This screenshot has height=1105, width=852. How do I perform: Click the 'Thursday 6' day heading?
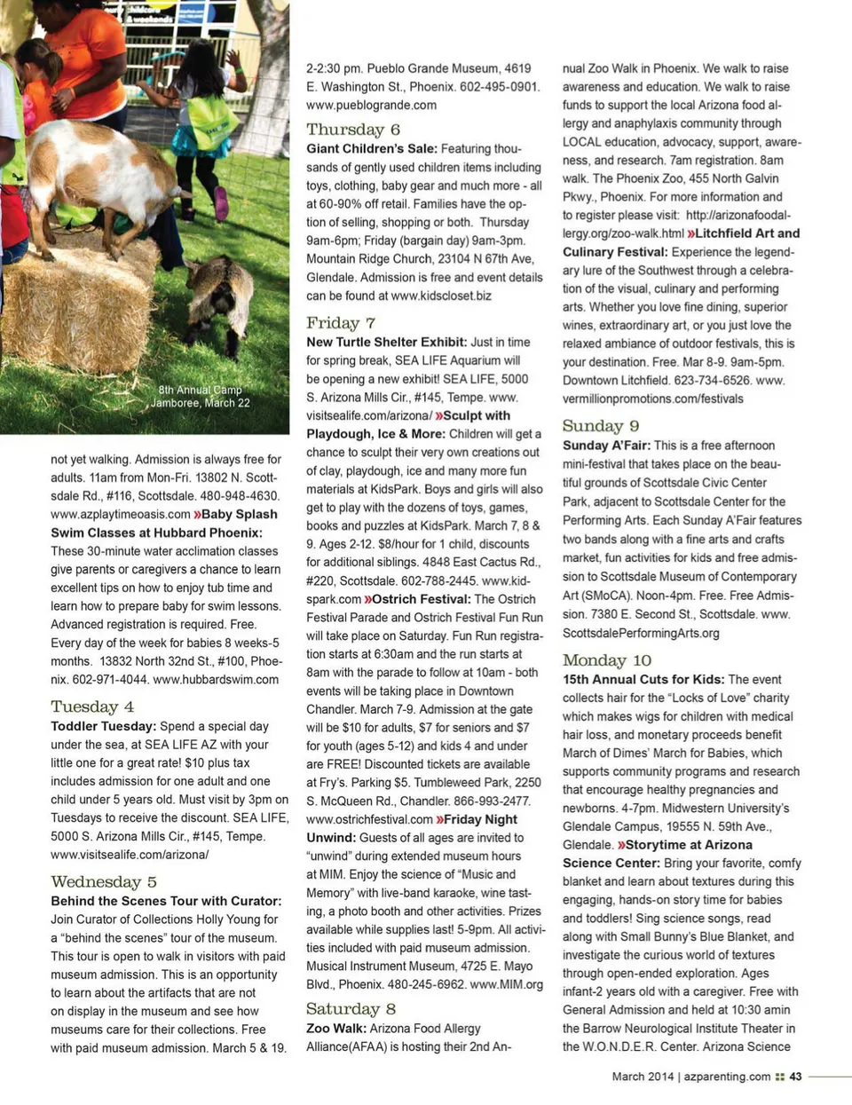(x=353, y=130)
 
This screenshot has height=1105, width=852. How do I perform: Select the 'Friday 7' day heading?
(x=341, y=323)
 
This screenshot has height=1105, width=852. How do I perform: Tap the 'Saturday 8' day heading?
(x=351, y=1009)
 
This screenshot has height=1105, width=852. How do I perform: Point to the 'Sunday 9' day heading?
(x=601, y=426)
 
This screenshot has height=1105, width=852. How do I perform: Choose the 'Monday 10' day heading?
(x=607, y=660)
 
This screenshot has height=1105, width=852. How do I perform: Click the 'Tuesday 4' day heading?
(x=92, y=706)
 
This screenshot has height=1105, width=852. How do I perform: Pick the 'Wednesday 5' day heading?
(x=104, y=881)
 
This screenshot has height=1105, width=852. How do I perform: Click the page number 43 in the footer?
(x=795, y=1077)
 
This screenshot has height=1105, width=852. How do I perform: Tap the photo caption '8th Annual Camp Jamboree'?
(x=200, y=396)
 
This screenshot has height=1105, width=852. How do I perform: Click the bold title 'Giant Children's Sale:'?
(x=372, y=149)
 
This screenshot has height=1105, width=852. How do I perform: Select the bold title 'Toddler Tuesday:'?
(x=103, y=726)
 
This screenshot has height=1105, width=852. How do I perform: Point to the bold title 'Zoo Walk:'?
(x=336, y=1028)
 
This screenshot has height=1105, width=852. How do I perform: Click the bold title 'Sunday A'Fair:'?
(x=606, y=446)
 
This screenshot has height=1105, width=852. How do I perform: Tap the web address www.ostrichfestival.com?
(x=370, y=819)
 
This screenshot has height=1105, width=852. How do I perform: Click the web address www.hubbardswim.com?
(x=216, y=679)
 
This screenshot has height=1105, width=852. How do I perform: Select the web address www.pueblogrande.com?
(x=371, y=105)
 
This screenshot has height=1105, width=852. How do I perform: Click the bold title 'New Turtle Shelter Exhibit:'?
(x=386, y=342)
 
